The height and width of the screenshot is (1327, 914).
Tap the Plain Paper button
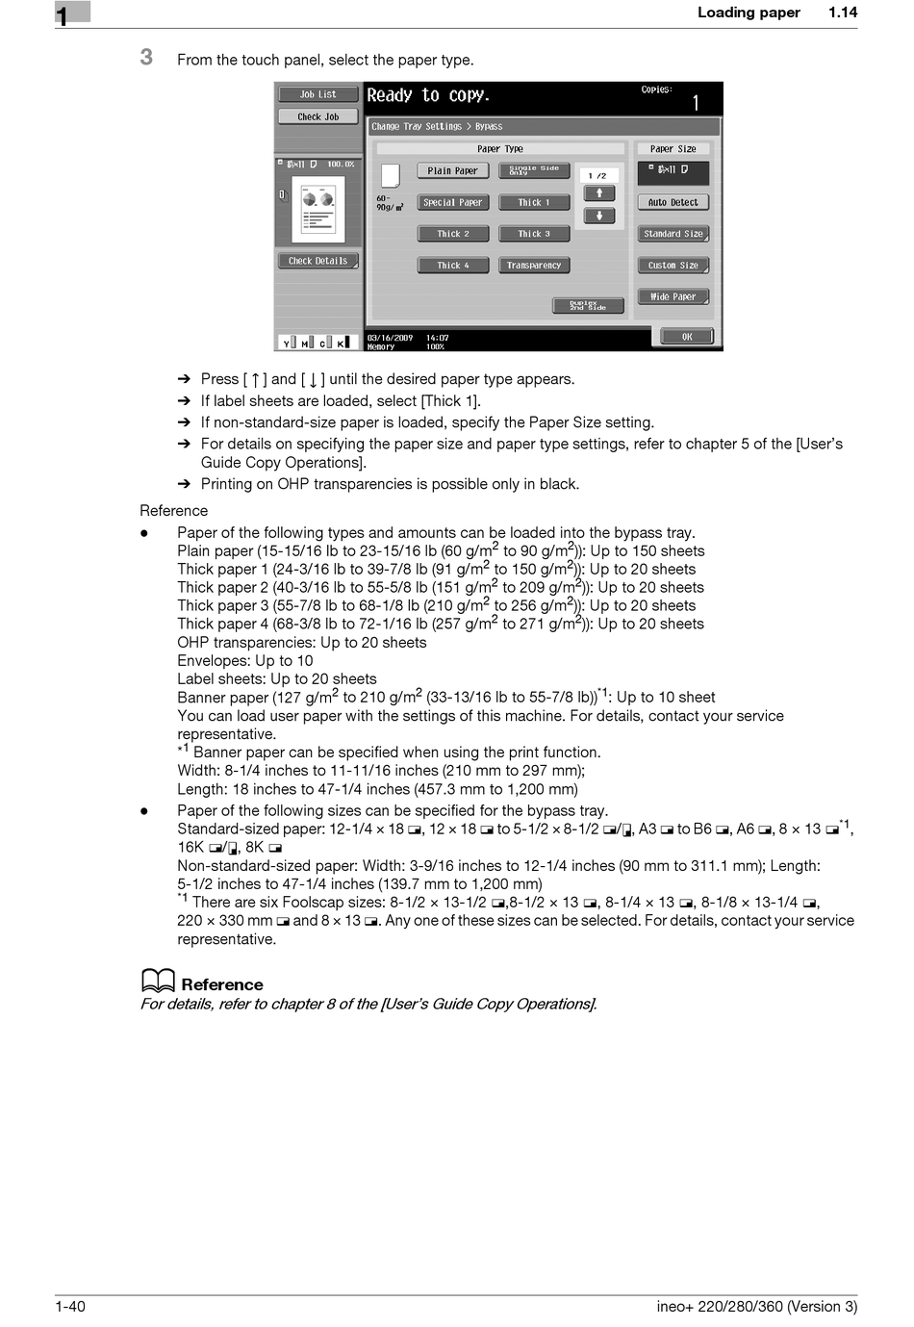453,171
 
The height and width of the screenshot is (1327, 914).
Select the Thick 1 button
534,203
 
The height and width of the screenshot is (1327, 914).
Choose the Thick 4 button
453,266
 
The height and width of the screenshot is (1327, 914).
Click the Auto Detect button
673,203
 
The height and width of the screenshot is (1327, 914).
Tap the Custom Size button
673,266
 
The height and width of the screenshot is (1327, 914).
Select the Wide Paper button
673,297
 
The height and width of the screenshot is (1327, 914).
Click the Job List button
317,95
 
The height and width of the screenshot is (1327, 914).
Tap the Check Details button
317,261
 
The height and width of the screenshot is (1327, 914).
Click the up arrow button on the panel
598,193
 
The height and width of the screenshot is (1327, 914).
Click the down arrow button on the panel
598,216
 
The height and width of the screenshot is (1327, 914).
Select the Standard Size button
673,234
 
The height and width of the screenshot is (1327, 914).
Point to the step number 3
146,58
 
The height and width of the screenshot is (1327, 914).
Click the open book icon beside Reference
158,981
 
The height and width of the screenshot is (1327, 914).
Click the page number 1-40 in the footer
70,1306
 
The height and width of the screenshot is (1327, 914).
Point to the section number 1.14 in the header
843,13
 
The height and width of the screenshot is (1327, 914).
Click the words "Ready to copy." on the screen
428,95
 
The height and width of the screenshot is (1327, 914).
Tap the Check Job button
317,117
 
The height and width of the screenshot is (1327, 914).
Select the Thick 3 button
534,234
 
